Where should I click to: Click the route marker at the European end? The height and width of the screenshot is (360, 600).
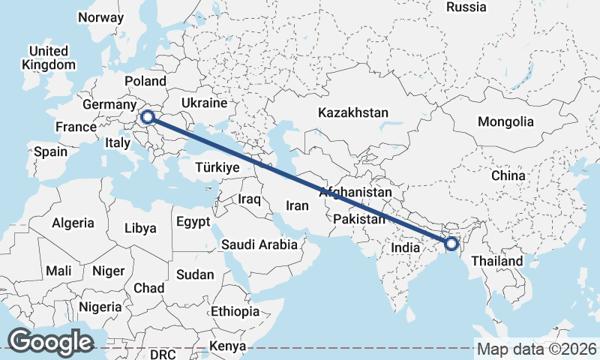(148, 116)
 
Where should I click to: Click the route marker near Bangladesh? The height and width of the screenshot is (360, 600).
(451, 243)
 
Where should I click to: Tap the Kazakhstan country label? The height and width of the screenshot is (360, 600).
(353, 112)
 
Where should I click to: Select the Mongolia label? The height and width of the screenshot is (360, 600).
(505, 121)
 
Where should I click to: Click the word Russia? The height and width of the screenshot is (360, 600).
(466, 7)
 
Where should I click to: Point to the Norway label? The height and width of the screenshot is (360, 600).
(100, 17)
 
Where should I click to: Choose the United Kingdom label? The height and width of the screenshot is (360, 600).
(49, 58)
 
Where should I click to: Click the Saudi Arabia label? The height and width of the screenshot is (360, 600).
(259, 244)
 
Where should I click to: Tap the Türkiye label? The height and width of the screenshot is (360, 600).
(217, 168)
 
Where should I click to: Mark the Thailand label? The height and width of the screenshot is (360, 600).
(496, 261)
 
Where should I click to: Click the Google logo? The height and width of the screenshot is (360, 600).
(50, 341)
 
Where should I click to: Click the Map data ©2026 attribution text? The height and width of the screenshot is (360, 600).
(537, 349)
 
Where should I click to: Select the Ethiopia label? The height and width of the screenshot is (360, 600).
(235, 311)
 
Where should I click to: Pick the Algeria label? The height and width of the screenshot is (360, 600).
(73, 223)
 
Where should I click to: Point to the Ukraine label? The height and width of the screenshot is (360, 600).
(204, 103)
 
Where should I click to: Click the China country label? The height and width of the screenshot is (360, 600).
(508, 175)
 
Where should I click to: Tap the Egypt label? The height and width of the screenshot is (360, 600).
(194, 222)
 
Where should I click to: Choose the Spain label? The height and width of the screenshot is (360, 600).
(50, 151)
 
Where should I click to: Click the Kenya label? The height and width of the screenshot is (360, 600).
(228, 346)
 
